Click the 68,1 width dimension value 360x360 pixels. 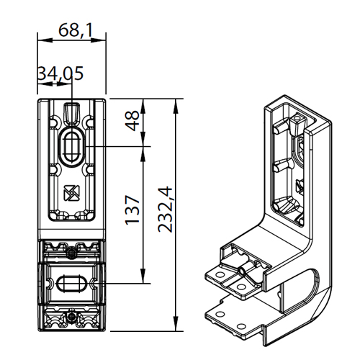76,30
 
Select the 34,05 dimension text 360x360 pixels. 60,73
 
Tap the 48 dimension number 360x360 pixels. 132,121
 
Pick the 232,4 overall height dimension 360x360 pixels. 166,210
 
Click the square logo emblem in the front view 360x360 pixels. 71,193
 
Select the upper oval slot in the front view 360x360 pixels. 71,147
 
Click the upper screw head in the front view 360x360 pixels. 72,253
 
